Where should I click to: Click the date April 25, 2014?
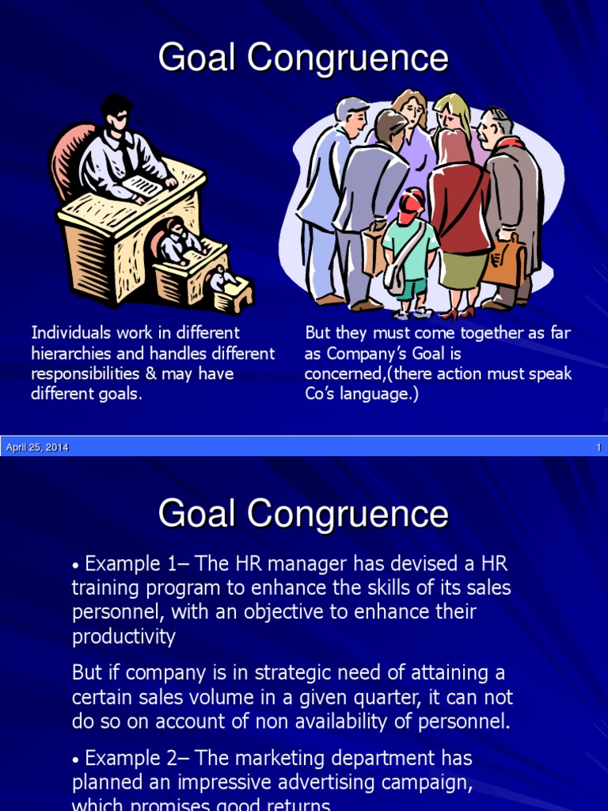pyautogui.click(x=37, y=447)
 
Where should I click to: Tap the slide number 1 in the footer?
pyautogui.click(x=598, y=447)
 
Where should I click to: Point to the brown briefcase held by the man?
pyautogui.click(x=504, y=261)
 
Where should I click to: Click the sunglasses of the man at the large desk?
pyautogui.click(x=120, y=117)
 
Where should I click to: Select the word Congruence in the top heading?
pyautogui.click(x=349, y=59)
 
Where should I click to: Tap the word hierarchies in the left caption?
pyautogui.click(x=69, y=353)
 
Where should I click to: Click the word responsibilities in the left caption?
pyautogui.click(x=87, y=374)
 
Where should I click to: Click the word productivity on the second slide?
pyautogui.click(x=123, y=637)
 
